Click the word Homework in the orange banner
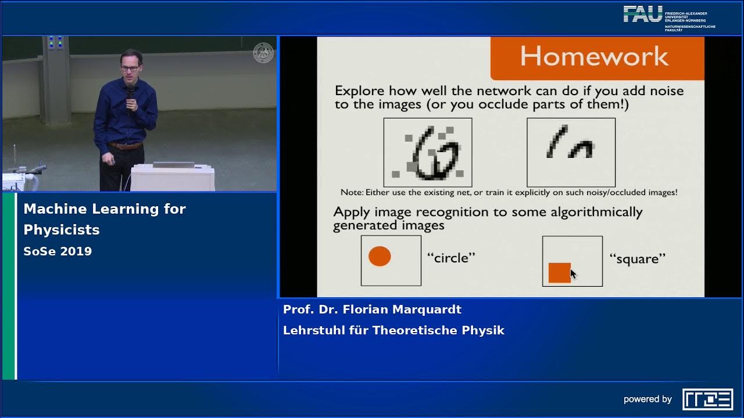tap(594, 56)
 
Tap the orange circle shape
tap(380, 256)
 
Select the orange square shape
tap(559, 272)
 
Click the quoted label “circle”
tap(451, 258)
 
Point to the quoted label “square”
tap(637, 258)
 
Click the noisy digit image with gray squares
tap(428, 152)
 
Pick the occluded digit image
tap(571, 152)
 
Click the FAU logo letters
tap(642, 14)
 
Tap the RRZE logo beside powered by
tap(707, 399)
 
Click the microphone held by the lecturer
tap(131, 92)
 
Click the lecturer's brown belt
tap(124, 145)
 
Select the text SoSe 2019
tap(58, 251)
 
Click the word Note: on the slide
tap(352, 192)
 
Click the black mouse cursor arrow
tap(573, 274)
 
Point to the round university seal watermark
tap(263, 53)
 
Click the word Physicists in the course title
tap(62, 230)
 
